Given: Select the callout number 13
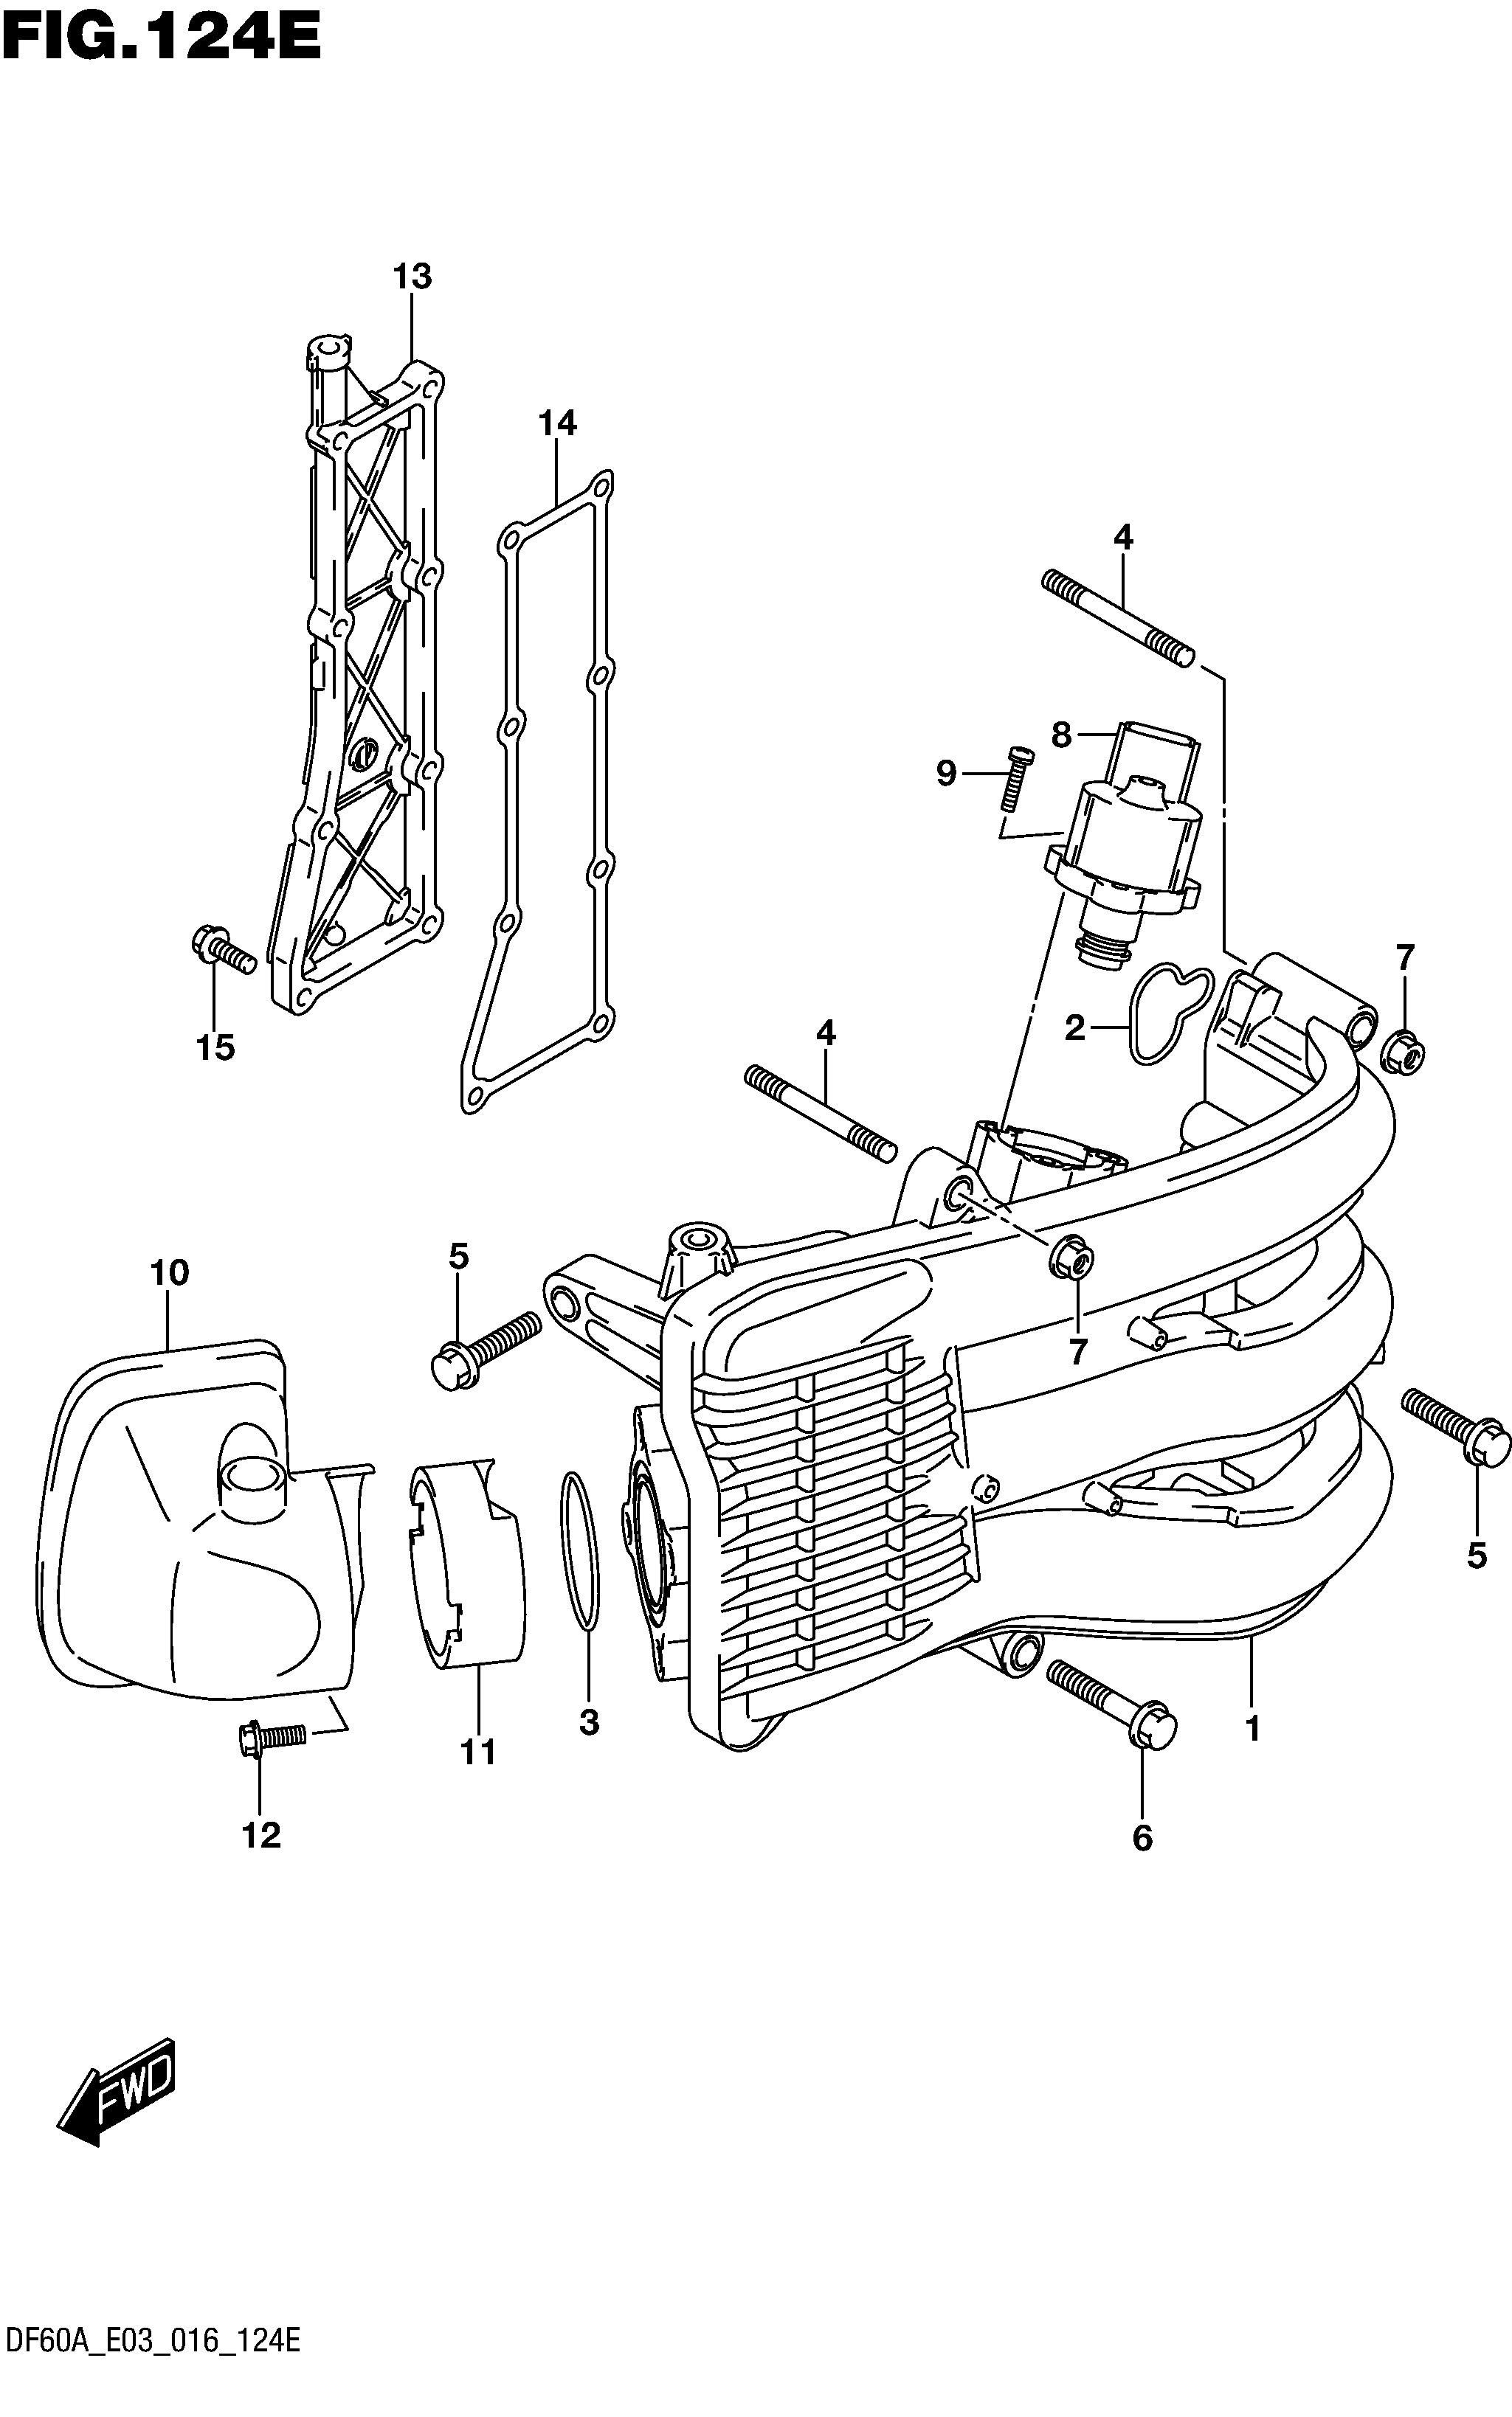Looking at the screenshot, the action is click(x=412, y=277).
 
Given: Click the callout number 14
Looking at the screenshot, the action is click(x=558, y=424).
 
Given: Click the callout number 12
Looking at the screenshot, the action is click(x=261, y=1834).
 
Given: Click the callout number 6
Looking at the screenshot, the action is click(x=1142, y=1837).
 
